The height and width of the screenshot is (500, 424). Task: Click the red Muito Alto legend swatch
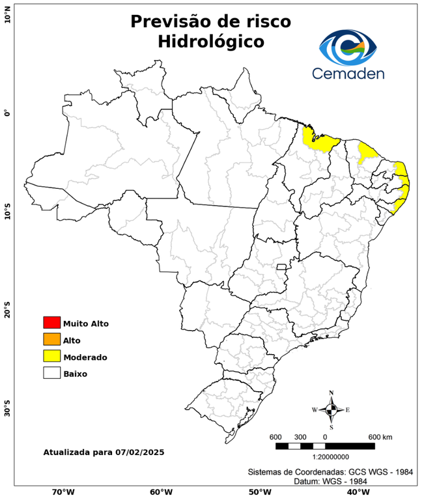pyautogui.click(x=51, y=323)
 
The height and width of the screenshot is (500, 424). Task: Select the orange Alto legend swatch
pyautogui.click(x=51, y=340)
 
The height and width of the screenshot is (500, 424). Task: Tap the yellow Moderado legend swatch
pyautogui.click(x=51, y=357)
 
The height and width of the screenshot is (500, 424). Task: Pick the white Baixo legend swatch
pyautogui.click(x=51, y=374)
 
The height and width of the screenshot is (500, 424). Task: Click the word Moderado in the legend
pyautogui.click(x=85, y=357)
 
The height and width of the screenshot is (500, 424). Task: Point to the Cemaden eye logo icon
pyautogui.click(x=348, y=46)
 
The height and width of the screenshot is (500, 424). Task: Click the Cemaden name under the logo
pyautogui.click(x=348, y=74)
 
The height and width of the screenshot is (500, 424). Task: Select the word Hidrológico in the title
pyautogui.click(x=210, y=42)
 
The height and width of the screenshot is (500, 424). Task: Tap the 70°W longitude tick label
pyautogui.click(x=63, y=492)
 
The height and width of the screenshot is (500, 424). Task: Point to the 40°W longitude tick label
pyautogui.click(x=356, y=492)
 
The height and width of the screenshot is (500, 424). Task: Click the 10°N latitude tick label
pyautogui.click(x=7, y=15)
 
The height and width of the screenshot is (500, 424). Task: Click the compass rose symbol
pyautogui.click(x=331, y=410)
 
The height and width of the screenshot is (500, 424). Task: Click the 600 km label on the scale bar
pyautogui.click(x=380, y=436)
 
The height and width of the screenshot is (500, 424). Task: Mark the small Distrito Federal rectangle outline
pyautogui.click(x=282, y=267)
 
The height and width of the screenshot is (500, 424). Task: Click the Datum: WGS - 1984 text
pyautogui.click(x=328, y=481)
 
